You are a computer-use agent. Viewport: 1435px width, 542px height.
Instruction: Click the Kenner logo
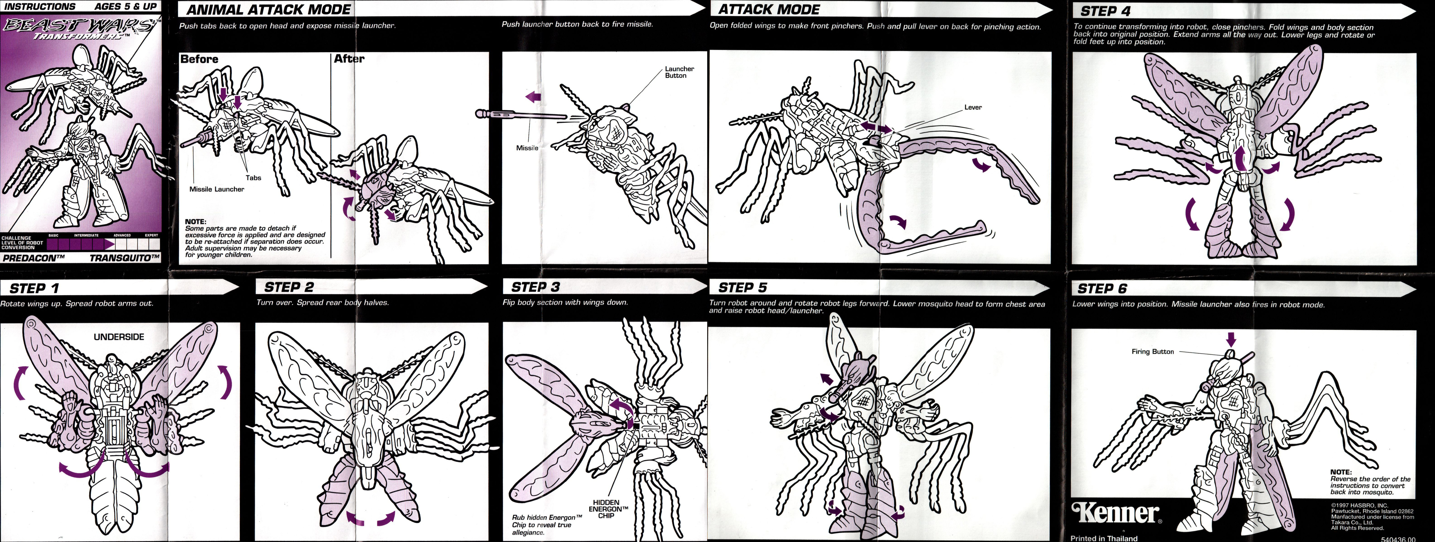pos(1116,513)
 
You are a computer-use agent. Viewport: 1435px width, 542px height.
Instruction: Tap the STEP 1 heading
pos(34,288)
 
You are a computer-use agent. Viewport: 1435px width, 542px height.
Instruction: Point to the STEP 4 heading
pos(1105,11)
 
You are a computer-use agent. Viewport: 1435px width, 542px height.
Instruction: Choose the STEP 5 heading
pos(743,287)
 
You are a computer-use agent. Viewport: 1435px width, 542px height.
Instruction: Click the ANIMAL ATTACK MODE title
pos(269,10)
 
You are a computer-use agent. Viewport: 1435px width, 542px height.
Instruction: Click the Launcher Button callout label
pos(679,72)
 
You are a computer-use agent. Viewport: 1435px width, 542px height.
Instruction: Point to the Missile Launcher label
pos(217,189)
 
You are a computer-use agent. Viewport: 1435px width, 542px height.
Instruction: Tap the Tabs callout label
pos(254,178)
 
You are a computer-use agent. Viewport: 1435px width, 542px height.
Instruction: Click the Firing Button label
pos(1153,351)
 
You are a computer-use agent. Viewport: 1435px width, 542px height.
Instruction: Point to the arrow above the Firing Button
pos(1231,339)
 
